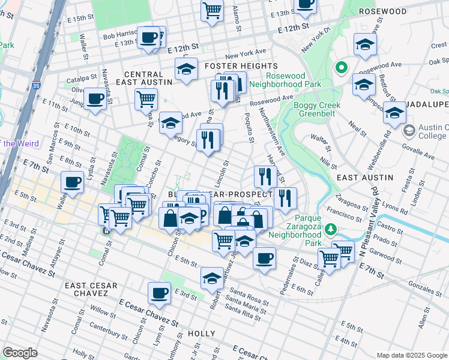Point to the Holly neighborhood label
click(201, 333)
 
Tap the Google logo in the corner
click(20, 353)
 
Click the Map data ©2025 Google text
click(411, 355)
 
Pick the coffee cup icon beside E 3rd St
click(160, 293)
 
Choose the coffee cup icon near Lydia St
click(72, 181)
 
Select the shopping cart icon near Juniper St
click(146, 98)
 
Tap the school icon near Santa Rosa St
click(212, 278)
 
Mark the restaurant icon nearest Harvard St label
click(264, 176)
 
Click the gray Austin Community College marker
click(409, 130)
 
